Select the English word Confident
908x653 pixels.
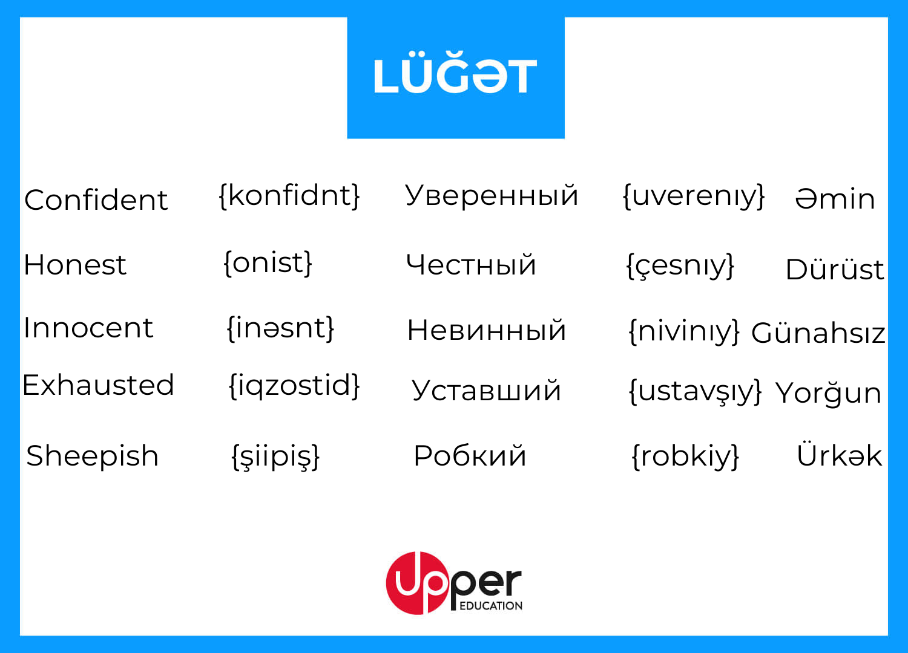coord(96,200)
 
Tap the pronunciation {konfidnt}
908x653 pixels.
coord(289,196)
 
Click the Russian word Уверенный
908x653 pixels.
coord(492,195)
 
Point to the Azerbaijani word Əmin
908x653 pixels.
coord(835,199)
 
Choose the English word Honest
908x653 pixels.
coord(75,265)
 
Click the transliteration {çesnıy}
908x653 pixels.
coord(680,267)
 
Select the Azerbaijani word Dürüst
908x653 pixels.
coord(835,268)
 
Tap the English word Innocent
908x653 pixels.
coord(88,328)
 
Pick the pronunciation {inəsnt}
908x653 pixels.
coord(280,328)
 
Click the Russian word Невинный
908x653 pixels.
coord(487,330)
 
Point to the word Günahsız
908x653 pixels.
coord(818,333)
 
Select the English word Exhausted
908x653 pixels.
coord(98,385)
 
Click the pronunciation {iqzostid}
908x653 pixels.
coord(294,386)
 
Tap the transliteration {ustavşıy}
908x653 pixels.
coord(695,391)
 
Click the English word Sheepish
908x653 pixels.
coord(93,456)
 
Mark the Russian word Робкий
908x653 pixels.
coord(470,456)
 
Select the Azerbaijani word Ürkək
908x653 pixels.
coord(839,455)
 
